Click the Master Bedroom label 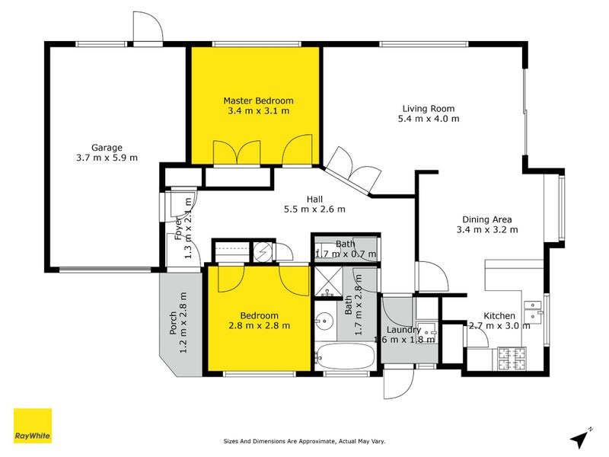(258, 101)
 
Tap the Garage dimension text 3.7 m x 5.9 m (107, 158)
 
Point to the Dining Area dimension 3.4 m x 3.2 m (487, 229)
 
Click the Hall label (314, 199)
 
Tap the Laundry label (403, 329)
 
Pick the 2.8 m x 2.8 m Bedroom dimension (260, 325)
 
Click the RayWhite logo (33, 426)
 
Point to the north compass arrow (580, 438)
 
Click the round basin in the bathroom (326, 321)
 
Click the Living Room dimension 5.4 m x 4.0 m (428, 119)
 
